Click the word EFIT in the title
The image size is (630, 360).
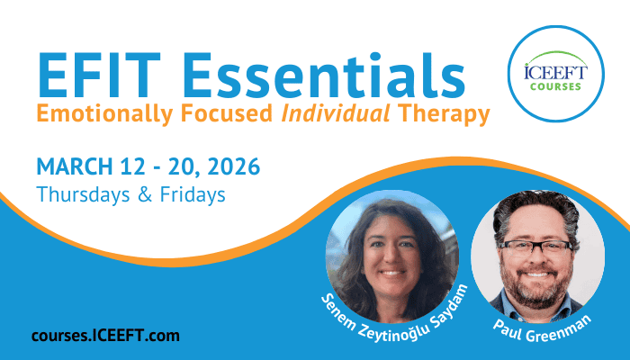click(x=99, y=75)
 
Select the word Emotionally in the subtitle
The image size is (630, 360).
click(x=104, y=113)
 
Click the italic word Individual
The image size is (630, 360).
click(x=336, y=112)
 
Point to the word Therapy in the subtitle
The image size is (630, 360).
click(x=444, y=113)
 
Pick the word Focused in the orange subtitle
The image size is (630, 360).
click(x=227, y=112)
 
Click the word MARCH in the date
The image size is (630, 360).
click(x=75, y=166)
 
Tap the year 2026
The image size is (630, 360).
click(x=234, y=166)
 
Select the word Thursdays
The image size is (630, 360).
click(x=83, y=194)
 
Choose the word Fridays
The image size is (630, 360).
click(x=193, y=194)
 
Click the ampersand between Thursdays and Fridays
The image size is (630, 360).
click(x=145, y=194)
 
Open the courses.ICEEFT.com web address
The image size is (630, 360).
click(x=105, y=336)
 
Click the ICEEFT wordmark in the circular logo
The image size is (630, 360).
click(x=555, y=72)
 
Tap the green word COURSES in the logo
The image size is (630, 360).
click(x=555, y=86)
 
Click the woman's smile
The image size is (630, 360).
click(x=391, y=274)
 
